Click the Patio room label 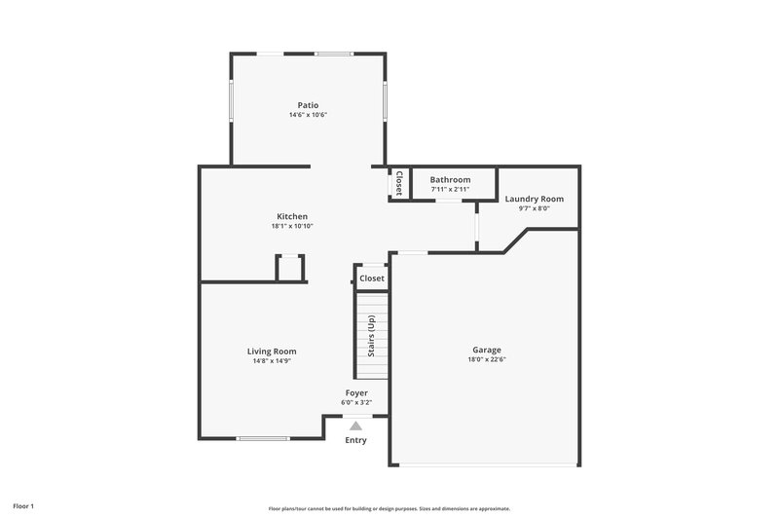point(308,105)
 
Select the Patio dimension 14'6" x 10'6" point(308,115)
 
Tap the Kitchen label point(292,216)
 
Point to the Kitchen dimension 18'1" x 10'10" point(292,226)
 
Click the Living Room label point(272,352)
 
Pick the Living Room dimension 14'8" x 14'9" point(272,361)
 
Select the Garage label point(487,350)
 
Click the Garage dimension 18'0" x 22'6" point(487,359)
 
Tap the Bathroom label point(451,180)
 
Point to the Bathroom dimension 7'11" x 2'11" point(451,190)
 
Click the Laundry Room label point(534,199)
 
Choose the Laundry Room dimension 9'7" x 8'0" point(534,208)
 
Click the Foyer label point(356,392)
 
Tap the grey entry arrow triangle point(356,426)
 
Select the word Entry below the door point(356,441)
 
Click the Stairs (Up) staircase point(371,336)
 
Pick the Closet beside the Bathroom point(398,183)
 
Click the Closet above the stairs point(372,278)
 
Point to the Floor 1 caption point(23,506)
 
